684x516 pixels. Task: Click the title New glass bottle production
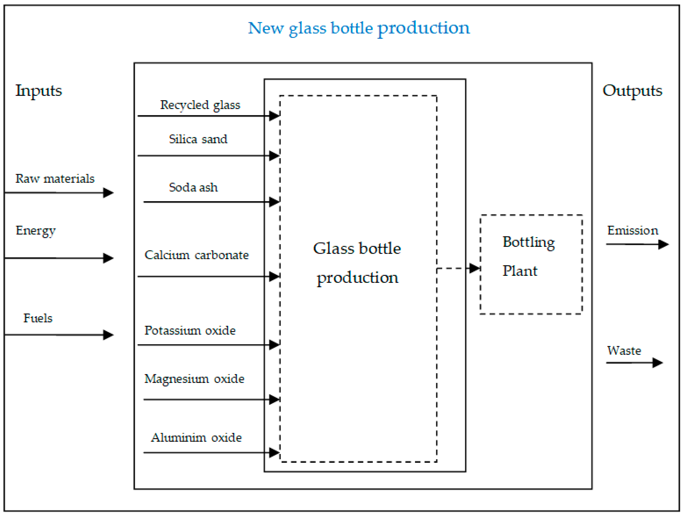tap(359, 29)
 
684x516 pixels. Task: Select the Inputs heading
tap(39, 91)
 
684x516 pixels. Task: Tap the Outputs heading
tap(632, 91)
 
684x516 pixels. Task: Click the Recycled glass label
tap(200, 105)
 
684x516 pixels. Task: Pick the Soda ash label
tap(193, 187)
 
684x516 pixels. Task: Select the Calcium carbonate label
tap(196, 255)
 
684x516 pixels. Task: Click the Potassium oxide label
tap(190, 330)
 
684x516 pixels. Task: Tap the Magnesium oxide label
tap(194, 379)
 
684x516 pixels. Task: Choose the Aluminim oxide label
tap(196, 438)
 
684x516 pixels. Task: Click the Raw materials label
tap(55, 179)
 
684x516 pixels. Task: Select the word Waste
tap(624, 351)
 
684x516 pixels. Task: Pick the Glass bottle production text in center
tap(357, 263)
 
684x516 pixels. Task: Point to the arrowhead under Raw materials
tap(108, 193)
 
